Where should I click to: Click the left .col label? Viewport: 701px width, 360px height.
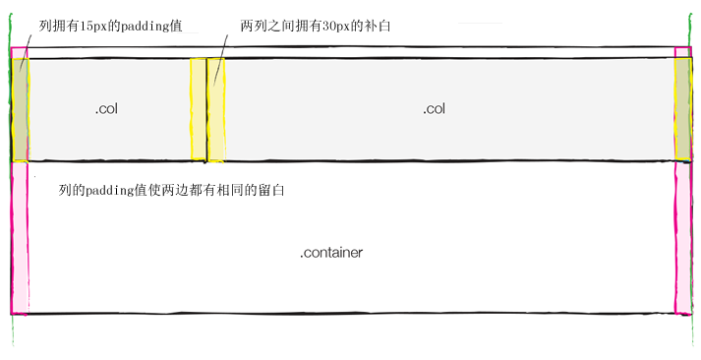[x=106, y=109]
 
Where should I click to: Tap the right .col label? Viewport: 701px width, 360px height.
[x=434, y=109]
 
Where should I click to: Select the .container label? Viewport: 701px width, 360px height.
[x=331, y=253]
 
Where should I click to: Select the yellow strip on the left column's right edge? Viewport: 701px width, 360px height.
[x=198, y=109]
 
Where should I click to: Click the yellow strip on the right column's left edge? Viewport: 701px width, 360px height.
[x=216, y=109]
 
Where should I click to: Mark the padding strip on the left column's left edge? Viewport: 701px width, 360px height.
[x=20, y=109]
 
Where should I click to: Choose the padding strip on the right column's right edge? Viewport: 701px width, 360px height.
[x=683, y=109]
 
